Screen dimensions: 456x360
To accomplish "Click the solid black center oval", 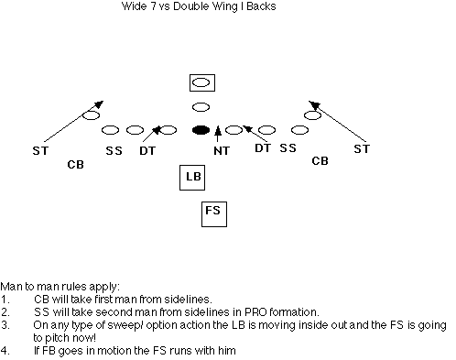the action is (x=201, y=130).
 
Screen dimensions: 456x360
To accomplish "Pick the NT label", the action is (x=222, y=151).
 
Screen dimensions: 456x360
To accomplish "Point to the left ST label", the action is (x=40, y=151).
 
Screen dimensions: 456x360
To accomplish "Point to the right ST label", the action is (x=362, y=149).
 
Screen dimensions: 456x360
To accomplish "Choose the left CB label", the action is (x=75, y=165).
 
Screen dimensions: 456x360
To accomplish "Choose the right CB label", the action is (x=320, y=161).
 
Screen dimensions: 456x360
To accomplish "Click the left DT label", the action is (x=147, y=151).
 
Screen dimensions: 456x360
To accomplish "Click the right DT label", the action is (x=263, y=148).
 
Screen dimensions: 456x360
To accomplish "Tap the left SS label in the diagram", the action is (x=114, y=151).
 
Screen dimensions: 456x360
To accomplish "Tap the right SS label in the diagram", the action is (x=288, y=148).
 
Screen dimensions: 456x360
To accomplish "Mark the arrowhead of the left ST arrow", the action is (x=100, y=104).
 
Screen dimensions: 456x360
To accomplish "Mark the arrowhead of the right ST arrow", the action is (x=313, y=104).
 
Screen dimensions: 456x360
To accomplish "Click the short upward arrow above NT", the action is (x=218, y=134).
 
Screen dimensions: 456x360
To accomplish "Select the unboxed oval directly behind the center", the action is (x=201, y=107).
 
